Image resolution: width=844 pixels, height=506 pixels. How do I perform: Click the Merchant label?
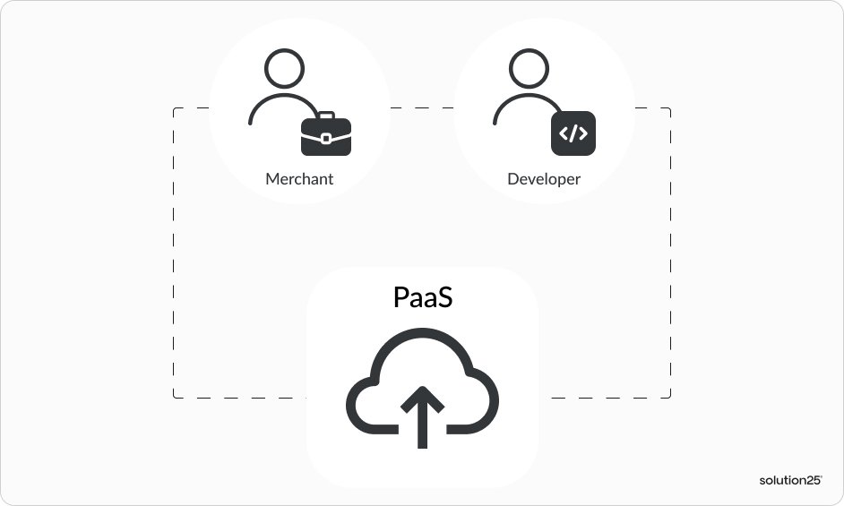click(x=299, y=179)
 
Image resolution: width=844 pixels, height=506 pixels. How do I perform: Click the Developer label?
click(x=544, y=179)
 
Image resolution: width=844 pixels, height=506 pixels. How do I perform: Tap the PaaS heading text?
click(x=423, y=297)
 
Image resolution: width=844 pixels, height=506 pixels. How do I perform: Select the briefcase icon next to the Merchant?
click(x=326, y=135)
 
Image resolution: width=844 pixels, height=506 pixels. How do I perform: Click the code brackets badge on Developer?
click(x=573, y=134)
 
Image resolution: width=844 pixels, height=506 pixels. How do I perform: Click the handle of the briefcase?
click(x=326, y=116)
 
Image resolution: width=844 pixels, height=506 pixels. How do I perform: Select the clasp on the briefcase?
click(x=326, y=138)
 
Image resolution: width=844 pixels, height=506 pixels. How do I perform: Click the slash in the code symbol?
click(x=573, y=134)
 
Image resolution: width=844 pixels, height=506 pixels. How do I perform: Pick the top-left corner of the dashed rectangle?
click(x=174, y=108)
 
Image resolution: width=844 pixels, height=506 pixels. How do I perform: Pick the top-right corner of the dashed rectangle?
click(x=670, y=108)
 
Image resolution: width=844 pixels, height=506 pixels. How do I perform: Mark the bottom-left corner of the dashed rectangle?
click(x=174, y=397)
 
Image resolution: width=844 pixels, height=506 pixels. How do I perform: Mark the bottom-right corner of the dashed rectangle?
click(x=670, y=397)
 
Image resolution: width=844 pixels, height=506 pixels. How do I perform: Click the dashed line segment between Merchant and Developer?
click(x=422, y=108)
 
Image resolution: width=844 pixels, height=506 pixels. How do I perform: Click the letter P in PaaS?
click(x=401, y=297)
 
